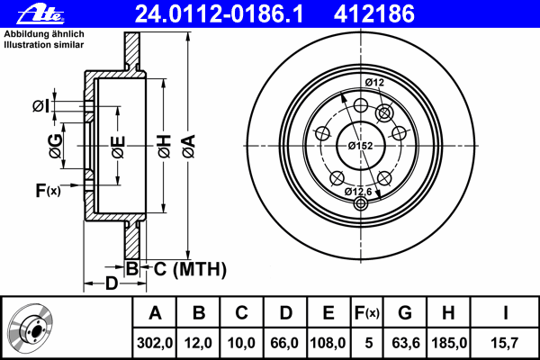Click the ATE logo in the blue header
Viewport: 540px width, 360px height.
pos(40,14)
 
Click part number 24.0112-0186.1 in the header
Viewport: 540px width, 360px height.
pos(219,14)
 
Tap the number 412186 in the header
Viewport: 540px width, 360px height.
pos(374,14)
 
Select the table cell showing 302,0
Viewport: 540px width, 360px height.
pos(155,343)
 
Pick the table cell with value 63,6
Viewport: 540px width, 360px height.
pos(406,343)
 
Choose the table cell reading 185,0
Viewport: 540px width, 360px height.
pos(449,343)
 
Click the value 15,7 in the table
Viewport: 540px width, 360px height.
pos(504,343)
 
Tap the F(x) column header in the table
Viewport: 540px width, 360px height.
pos(367,313)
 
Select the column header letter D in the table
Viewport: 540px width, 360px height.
pos(285,313)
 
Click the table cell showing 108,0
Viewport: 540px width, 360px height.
pos(328,343)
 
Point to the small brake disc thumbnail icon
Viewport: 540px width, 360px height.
pos(30,328)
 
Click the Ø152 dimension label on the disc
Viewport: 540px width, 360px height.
pos(360,146)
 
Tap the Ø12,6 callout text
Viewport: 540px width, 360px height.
pos(358,192)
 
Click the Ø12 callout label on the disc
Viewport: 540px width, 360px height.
pos(374,83)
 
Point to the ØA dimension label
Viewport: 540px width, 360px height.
pos(189,146)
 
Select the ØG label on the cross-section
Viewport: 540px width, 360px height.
pos(56,146)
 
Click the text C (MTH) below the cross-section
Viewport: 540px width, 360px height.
pos(190,269)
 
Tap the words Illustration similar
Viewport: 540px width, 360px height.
pos(44,45)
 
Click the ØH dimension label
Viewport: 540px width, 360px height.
pos(165,146)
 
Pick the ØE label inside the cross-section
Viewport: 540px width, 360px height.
pos(118,147)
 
